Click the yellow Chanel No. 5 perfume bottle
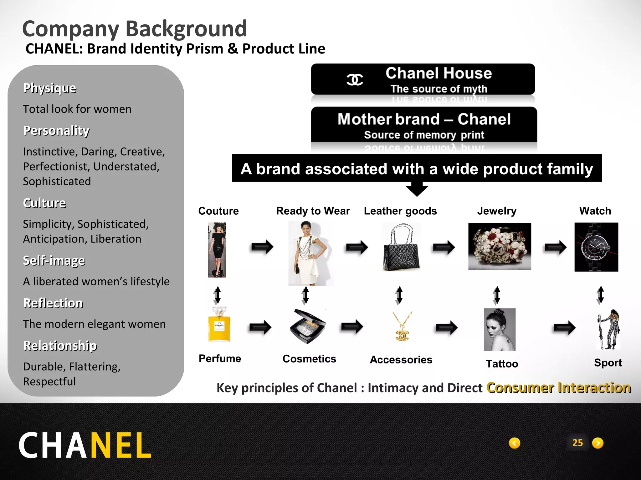tap(219, 325)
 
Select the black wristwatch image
tap(596, 247)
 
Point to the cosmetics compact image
tap(307, 327)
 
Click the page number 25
tap(577, 443)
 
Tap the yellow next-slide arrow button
tap(598, 443)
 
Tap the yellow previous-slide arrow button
tap(515, 443)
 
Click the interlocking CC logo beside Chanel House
tap(355, 79)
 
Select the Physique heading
tap(50, 88)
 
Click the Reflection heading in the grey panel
tap(53, 303)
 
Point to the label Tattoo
tap(502, 364)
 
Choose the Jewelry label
tap(497, 211)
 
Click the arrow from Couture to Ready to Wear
tap(262, 247)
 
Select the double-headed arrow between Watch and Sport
tap(600, 295)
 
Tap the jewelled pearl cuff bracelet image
tap(500, 247)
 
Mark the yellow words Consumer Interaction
tap(558, 388)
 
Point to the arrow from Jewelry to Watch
tap(555, 247)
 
